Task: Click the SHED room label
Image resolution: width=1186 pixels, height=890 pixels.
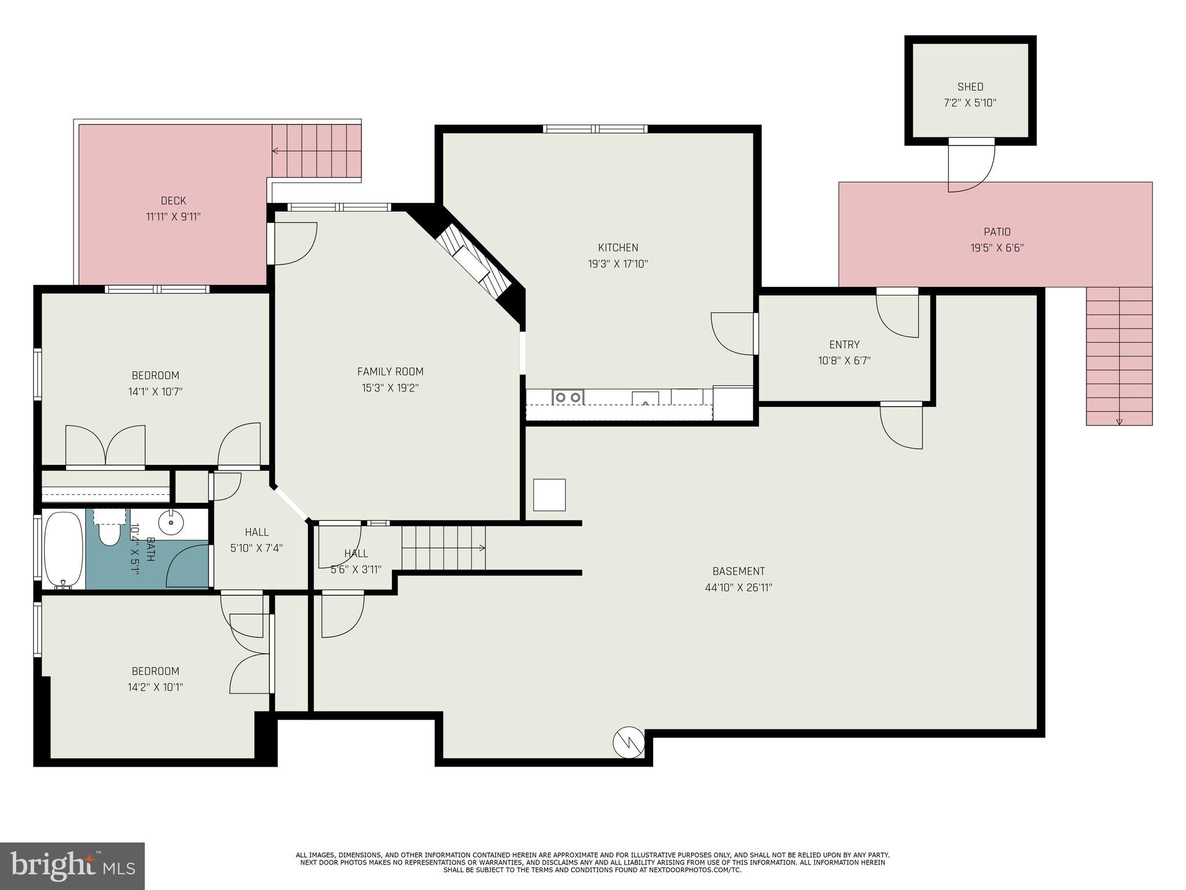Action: (970, 87)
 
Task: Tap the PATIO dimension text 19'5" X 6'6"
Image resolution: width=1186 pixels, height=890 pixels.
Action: (997, 248)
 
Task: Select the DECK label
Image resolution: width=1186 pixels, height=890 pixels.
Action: (173, 200)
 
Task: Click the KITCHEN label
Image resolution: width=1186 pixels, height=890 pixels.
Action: (618, 247)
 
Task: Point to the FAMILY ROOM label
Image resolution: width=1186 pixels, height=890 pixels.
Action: (390, 371)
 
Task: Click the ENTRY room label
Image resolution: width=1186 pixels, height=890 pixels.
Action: (844, 344)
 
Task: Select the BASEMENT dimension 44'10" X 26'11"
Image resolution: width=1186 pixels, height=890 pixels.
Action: (738, 588)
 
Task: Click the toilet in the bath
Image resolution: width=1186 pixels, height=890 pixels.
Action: (109, 530)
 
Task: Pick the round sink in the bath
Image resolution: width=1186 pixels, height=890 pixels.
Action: (171, 523)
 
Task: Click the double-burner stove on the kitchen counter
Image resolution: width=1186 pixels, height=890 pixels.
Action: (568, 397)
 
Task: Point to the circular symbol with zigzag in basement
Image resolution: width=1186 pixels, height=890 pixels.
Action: (628, 742)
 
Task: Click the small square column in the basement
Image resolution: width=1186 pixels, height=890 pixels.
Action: (549, 495)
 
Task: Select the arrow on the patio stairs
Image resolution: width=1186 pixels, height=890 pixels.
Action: (1119, 421)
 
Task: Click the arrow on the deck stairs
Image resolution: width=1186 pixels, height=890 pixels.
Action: (276, 151)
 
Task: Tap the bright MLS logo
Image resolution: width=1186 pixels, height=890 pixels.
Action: (72, 866)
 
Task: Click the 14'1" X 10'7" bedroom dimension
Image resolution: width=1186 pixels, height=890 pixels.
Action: (155, 392)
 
